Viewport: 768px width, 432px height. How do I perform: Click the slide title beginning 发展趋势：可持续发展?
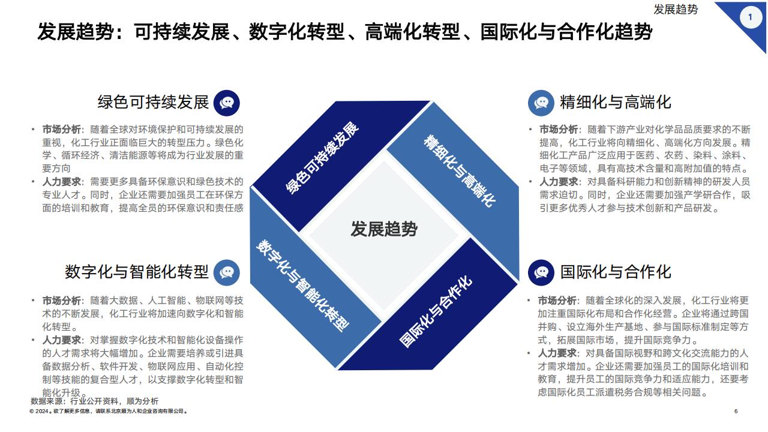coord(344,32)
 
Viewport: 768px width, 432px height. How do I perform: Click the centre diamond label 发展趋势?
coord(384,229)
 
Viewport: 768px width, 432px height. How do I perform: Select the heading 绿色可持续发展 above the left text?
coord(153,102)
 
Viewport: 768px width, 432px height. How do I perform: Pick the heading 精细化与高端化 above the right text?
coord(616,102)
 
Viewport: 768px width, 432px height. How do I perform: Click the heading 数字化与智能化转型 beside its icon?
coord(137,272)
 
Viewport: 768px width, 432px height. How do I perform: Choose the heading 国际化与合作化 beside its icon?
coord(616,272)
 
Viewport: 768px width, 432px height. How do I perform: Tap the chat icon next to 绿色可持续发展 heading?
coord(227,103)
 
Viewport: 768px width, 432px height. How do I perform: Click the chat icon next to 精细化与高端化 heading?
coord(541,103)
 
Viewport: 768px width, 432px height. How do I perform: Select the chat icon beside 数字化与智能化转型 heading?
coord(227,272)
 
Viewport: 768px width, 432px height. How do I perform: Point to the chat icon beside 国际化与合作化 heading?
coord(541,272)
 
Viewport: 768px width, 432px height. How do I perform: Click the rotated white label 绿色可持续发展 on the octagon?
coord(322,158)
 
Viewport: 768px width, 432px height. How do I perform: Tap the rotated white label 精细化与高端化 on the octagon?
coord(460,171)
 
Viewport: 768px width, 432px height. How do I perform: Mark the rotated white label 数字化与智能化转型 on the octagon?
coord(302,285)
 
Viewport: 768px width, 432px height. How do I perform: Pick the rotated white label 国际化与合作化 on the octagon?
coord(436,311)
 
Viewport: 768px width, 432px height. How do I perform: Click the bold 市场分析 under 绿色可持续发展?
coord(61,129)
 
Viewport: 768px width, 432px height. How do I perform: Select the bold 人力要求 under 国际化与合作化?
coord(557,353)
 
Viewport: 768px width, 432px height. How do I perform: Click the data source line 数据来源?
coord(95,401)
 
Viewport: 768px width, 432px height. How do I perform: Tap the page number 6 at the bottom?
coord(736,411)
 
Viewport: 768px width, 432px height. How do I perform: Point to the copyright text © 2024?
coord(109,411)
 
